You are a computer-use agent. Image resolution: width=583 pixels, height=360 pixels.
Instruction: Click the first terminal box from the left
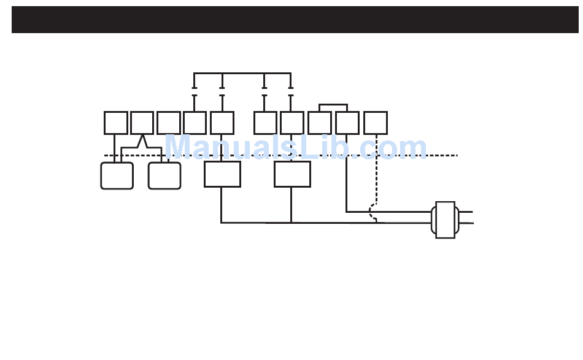(x=115, y=123)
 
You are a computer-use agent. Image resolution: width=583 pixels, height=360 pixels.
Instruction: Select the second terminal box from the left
(x=142, y=123)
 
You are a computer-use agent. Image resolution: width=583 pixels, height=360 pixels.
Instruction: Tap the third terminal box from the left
(x=168, y=123)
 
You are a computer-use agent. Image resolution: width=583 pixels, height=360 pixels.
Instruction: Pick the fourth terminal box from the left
(x=195, y=123)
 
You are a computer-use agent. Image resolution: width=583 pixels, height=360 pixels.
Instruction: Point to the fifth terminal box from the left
(x=222, y=123)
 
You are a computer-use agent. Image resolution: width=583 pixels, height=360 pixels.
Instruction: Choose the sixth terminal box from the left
(x=265, y=123)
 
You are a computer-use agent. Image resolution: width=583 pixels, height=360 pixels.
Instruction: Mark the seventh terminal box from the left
(x=291, y=123)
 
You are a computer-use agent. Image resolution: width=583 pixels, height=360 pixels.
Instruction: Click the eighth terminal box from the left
(x=319, y=123)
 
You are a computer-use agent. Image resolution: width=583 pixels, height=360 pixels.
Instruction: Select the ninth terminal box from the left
(x=347, y=123)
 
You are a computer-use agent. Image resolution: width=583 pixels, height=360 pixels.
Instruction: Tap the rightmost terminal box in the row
(x=375, y=123)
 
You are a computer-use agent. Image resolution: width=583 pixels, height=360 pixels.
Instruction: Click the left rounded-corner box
(x=117, y=175)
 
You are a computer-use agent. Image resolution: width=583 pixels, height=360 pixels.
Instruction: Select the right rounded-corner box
(x=164, y=175)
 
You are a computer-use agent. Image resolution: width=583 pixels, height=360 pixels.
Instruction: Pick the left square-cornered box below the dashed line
(x=222, y=174)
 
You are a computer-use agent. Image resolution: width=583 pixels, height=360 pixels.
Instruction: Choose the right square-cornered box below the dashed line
(x=292, y=174)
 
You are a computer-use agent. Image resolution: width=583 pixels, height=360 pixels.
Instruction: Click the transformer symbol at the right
(x=445, y=220)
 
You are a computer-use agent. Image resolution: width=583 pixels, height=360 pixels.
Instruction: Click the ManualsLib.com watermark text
(x=295, y=148)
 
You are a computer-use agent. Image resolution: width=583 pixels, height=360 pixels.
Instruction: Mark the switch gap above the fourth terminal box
(x=195, y=92)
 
